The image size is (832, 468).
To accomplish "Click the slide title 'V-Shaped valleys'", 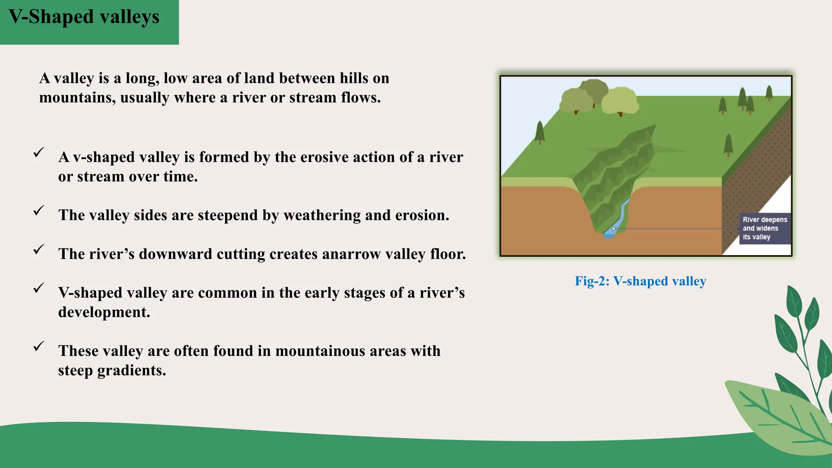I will pos(84,17).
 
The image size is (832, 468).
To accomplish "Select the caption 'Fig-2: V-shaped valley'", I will pos(640,281).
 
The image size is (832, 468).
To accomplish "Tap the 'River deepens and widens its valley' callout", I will pos(765,228).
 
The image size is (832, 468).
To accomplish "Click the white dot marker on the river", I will pos(613,229).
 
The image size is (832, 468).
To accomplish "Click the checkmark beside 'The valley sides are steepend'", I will pos(39,210).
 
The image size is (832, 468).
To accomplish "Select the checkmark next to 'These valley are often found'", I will pos(39,346).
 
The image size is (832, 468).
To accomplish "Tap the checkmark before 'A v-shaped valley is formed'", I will pos(39,152).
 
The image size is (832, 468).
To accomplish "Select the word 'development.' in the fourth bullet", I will pos(104,312).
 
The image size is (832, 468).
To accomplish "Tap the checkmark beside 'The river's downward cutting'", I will pos(39,249).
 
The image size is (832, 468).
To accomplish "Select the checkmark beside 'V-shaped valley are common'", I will pos(39,288).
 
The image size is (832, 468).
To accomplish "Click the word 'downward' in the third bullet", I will pos(173,254).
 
